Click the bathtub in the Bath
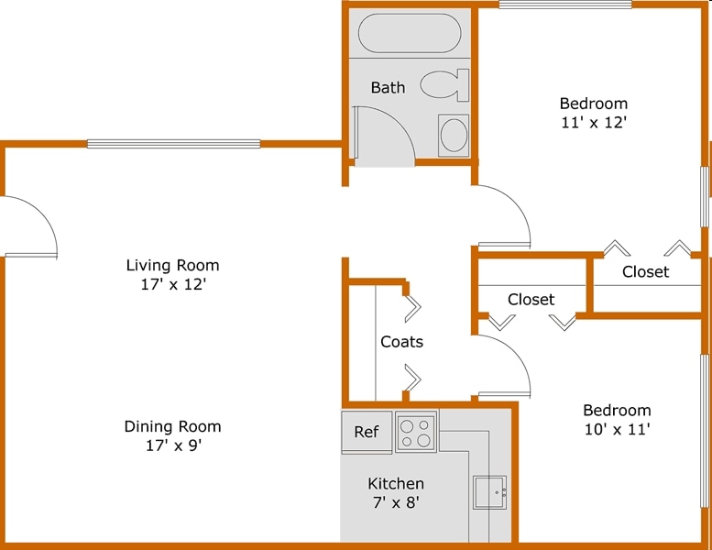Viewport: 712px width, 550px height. tap(408, 33)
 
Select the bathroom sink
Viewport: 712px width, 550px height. tap(454, 135)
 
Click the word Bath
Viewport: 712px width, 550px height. tap(388, 88)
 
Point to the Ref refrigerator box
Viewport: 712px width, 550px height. tap(367, 432)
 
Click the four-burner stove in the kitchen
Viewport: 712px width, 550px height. tap(416, 431)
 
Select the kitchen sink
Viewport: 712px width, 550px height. tap(490, 492)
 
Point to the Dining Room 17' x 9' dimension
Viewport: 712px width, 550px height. tap(172, 445)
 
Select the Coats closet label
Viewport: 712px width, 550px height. tap(401, 342)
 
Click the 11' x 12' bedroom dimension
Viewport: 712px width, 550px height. tap(594, 121)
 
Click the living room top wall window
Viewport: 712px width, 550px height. tap(173, 144)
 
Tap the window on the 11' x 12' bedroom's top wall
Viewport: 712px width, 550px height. tap(565, 5)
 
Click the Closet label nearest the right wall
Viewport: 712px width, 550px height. tap(645, 271)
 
